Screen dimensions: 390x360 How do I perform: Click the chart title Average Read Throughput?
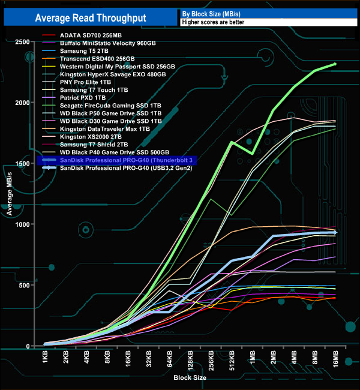(90, 18)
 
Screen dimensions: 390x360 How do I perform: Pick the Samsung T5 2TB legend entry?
(87, 51)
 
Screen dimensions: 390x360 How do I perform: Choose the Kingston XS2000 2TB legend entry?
(94, 137)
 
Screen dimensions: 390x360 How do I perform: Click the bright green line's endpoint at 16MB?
(335, 64)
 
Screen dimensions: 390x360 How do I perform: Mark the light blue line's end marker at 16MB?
(335, 232)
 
